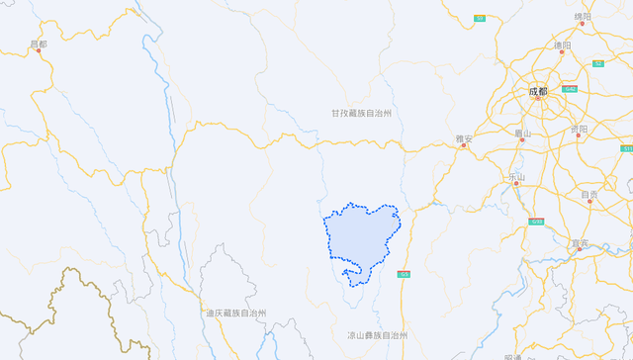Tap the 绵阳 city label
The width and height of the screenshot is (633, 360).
tap(584, 17)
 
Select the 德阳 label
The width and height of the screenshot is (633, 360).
tap(563, 45)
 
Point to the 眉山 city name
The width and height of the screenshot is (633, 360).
tap(523, 134)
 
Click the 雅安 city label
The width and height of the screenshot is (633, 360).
tap(464, 139)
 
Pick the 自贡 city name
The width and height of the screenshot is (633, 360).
tap(589, 195)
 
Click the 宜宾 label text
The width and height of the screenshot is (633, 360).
tap(580, 243)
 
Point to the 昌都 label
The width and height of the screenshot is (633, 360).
tap(39, 45)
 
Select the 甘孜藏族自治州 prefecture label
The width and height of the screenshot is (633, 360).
tap(362, 114)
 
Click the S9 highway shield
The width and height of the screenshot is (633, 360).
tap(480, 18)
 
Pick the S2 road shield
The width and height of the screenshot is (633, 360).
tap(597, 63)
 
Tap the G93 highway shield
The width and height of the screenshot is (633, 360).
tap(536, 222)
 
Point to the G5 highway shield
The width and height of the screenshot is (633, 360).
tap(403, 274)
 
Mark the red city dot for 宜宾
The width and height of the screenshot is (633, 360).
tap(580, 249)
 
